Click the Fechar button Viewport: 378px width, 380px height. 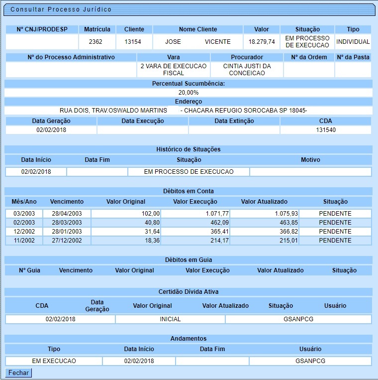click(x=18, y=373)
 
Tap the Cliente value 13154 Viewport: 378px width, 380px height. click(x=133, y=42)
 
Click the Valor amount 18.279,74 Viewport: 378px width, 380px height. click(x=262, y=42)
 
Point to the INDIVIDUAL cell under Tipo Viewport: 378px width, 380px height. click(x=353, y=42)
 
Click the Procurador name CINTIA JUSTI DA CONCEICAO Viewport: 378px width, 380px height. click(x=247, y=70)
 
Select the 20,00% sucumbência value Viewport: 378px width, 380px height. click(x=189, y=93)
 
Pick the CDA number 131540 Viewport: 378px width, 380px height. click(x=326, y=130)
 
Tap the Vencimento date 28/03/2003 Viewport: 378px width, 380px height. click(x=67, y=223)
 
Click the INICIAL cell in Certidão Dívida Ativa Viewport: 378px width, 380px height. click(x=170, y=319)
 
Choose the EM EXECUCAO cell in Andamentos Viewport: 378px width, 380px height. click(x=54, y=361)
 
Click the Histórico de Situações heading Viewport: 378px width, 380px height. click(x=188, y=149)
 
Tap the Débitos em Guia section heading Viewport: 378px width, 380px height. click(x=188, y=260)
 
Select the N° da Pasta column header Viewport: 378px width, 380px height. click(x=353, y=57)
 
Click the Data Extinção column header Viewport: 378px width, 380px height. click(x=234, y=121)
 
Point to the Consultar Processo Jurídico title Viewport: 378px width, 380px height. click(x=61, y=9)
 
